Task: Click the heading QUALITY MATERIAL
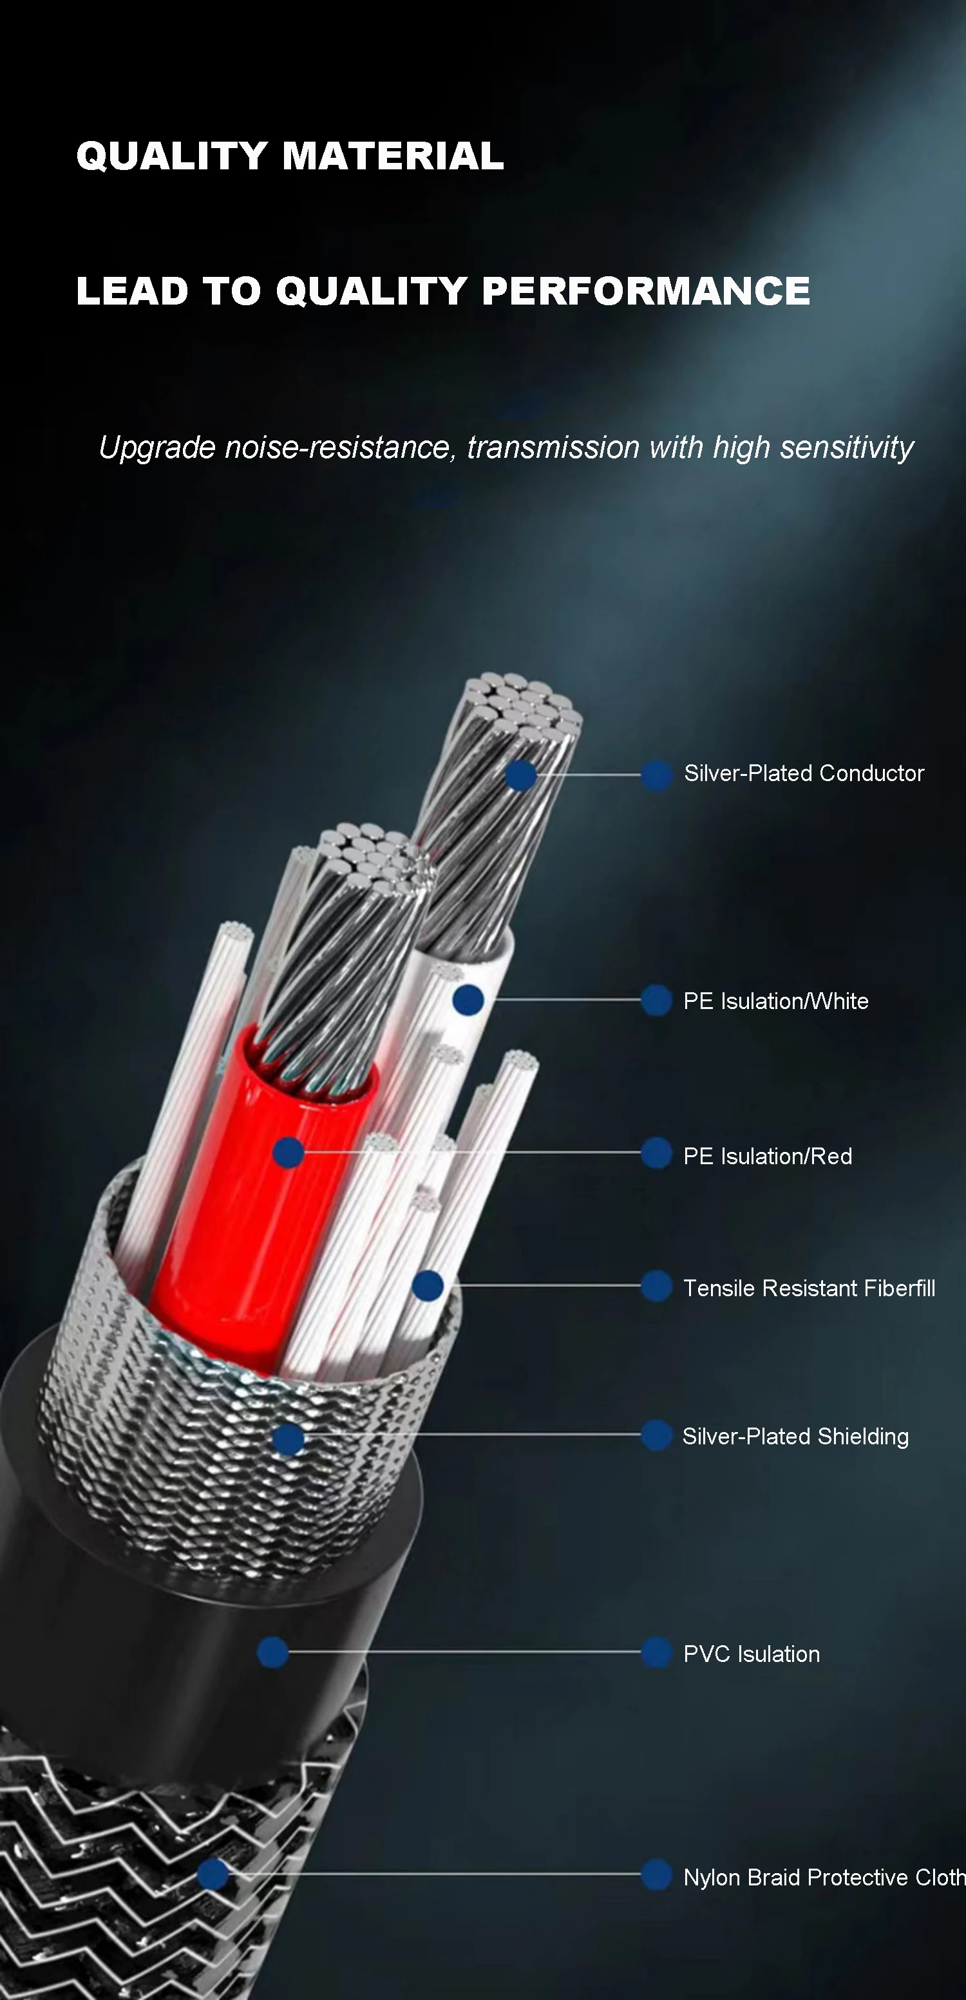click(x=290, y=156)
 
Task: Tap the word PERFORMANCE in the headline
click(x=645, y=291)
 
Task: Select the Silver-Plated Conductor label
click(x=804, y=773)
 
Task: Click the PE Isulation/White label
click(x=775, y=1001)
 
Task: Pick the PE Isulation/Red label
click(x=767, y=1156)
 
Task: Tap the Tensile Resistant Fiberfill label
click(x=808, y=1288)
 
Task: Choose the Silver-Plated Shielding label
click(x=795, y=1437)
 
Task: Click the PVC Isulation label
click(x=751, y=1654)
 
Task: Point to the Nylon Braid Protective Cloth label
click(x=823, y=1877)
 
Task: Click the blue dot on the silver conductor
click(x=521, y=775)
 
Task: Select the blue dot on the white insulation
click(x=468, y=1000)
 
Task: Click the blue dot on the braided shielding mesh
click(x=288, y=1439)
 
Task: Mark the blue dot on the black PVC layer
click(x=272, y=1652)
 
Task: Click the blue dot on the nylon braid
click(x=213, y=1874)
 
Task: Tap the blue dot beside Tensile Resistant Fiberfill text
click(x=656, y=1287)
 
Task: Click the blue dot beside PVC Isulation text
click(x=656, y=1652)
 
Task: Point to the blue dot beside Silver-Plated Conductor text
click(x=656, y=775)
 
